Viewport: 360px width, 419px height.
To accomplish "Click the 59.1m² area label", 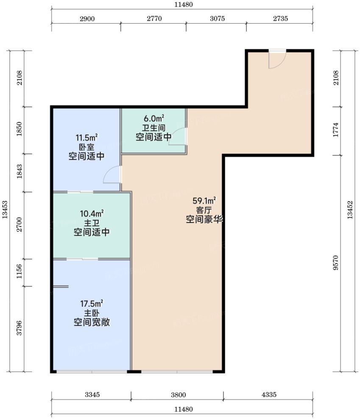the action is point(204,200).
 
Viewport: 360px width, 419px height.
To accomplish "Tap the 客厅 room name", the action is point(204,210).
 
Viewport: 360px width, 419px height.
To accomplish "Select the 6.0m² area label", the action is point(154,118).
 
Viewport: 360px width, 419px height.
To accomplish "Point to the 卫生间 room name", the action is point(153,128).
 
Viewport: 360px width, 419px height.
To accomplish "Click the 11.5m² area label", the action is point(87,138).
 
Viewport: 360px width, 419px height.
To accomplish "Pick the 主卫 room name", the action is point(92,223).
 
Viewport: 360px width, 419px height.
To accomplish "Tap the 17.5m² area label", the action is point(92,304).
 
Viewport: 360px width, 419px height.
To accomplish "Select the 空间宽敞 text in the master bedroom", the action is point(92,322).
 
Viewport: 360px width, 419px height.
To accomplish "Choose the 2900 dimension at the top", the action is point(87,19).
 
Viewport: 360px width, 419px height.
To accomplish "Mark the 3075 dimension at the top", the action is point(217,19).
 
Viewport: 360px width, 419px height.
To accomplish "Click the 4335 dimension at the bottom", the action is point(269,394).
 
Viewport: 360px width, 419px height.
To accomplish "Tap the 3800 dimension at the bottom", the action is point(178,395).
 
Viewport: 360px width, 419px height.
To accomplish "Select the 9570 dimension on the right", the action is point(336,263).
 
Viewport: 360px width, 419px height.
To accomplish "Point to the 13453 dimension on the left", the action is point(5,210).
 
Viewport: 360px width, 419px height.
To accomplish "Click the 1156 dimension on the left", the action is point(19,272).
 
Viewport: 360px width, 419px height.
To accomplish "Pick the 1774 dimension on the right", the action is point(336,130).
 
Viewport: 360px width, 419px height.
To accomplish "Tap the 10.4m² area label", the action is point(92,214).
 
